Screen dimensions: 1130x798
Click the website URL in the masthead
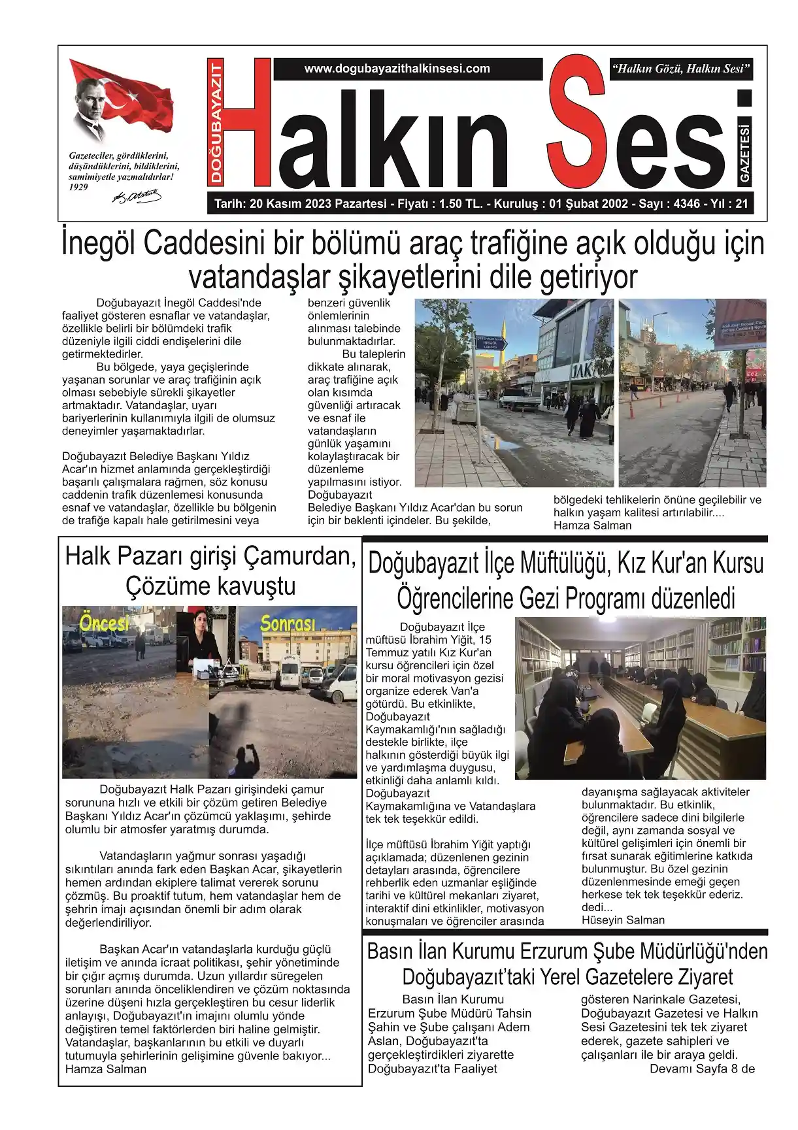pos(397,69)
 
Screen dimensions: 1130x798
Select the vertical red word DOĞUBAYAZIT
pos(216,123)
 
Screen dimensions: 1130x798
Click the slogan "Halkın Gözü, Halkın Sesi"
pos(680,69)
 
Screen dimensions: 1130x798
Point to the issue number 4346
pos(686,204)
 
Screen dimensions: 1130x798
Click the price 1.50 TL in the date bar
pos(461,204)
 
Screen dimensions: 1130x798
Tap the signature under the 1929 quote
pos(137,195)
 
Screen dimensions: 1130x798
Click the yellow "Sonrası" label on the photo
pos(288,624)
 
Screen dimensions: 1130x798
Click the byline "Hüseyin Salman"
pos(623,920)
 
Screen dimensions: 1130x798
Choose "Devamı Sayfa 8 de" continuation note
pos(702,1069)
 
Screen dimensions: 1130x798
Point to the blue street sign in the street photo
pos(491,343)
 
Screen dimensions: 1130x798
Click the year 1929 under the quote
pos(78,187)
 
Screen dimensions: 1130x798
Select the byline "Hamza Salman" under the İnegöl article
pos(592,525)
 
